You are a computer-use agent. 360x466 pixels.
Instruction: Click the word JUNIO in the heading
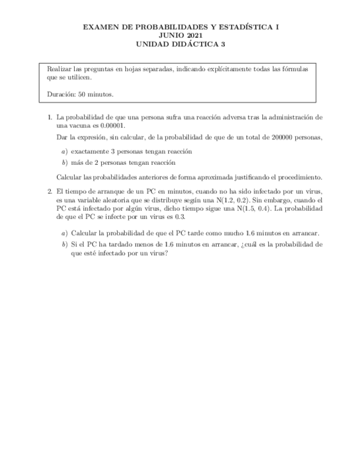169,35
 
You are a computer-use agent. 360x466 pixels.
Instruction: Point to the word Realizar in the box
58,69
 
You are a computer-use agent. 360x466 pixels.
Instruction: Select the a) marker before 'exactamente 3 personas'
64,151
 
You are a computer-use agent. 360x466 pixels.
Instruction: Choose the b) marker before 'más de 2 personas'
64,163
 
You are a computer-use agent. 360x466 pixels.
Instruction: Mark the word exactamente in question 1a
91,151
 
